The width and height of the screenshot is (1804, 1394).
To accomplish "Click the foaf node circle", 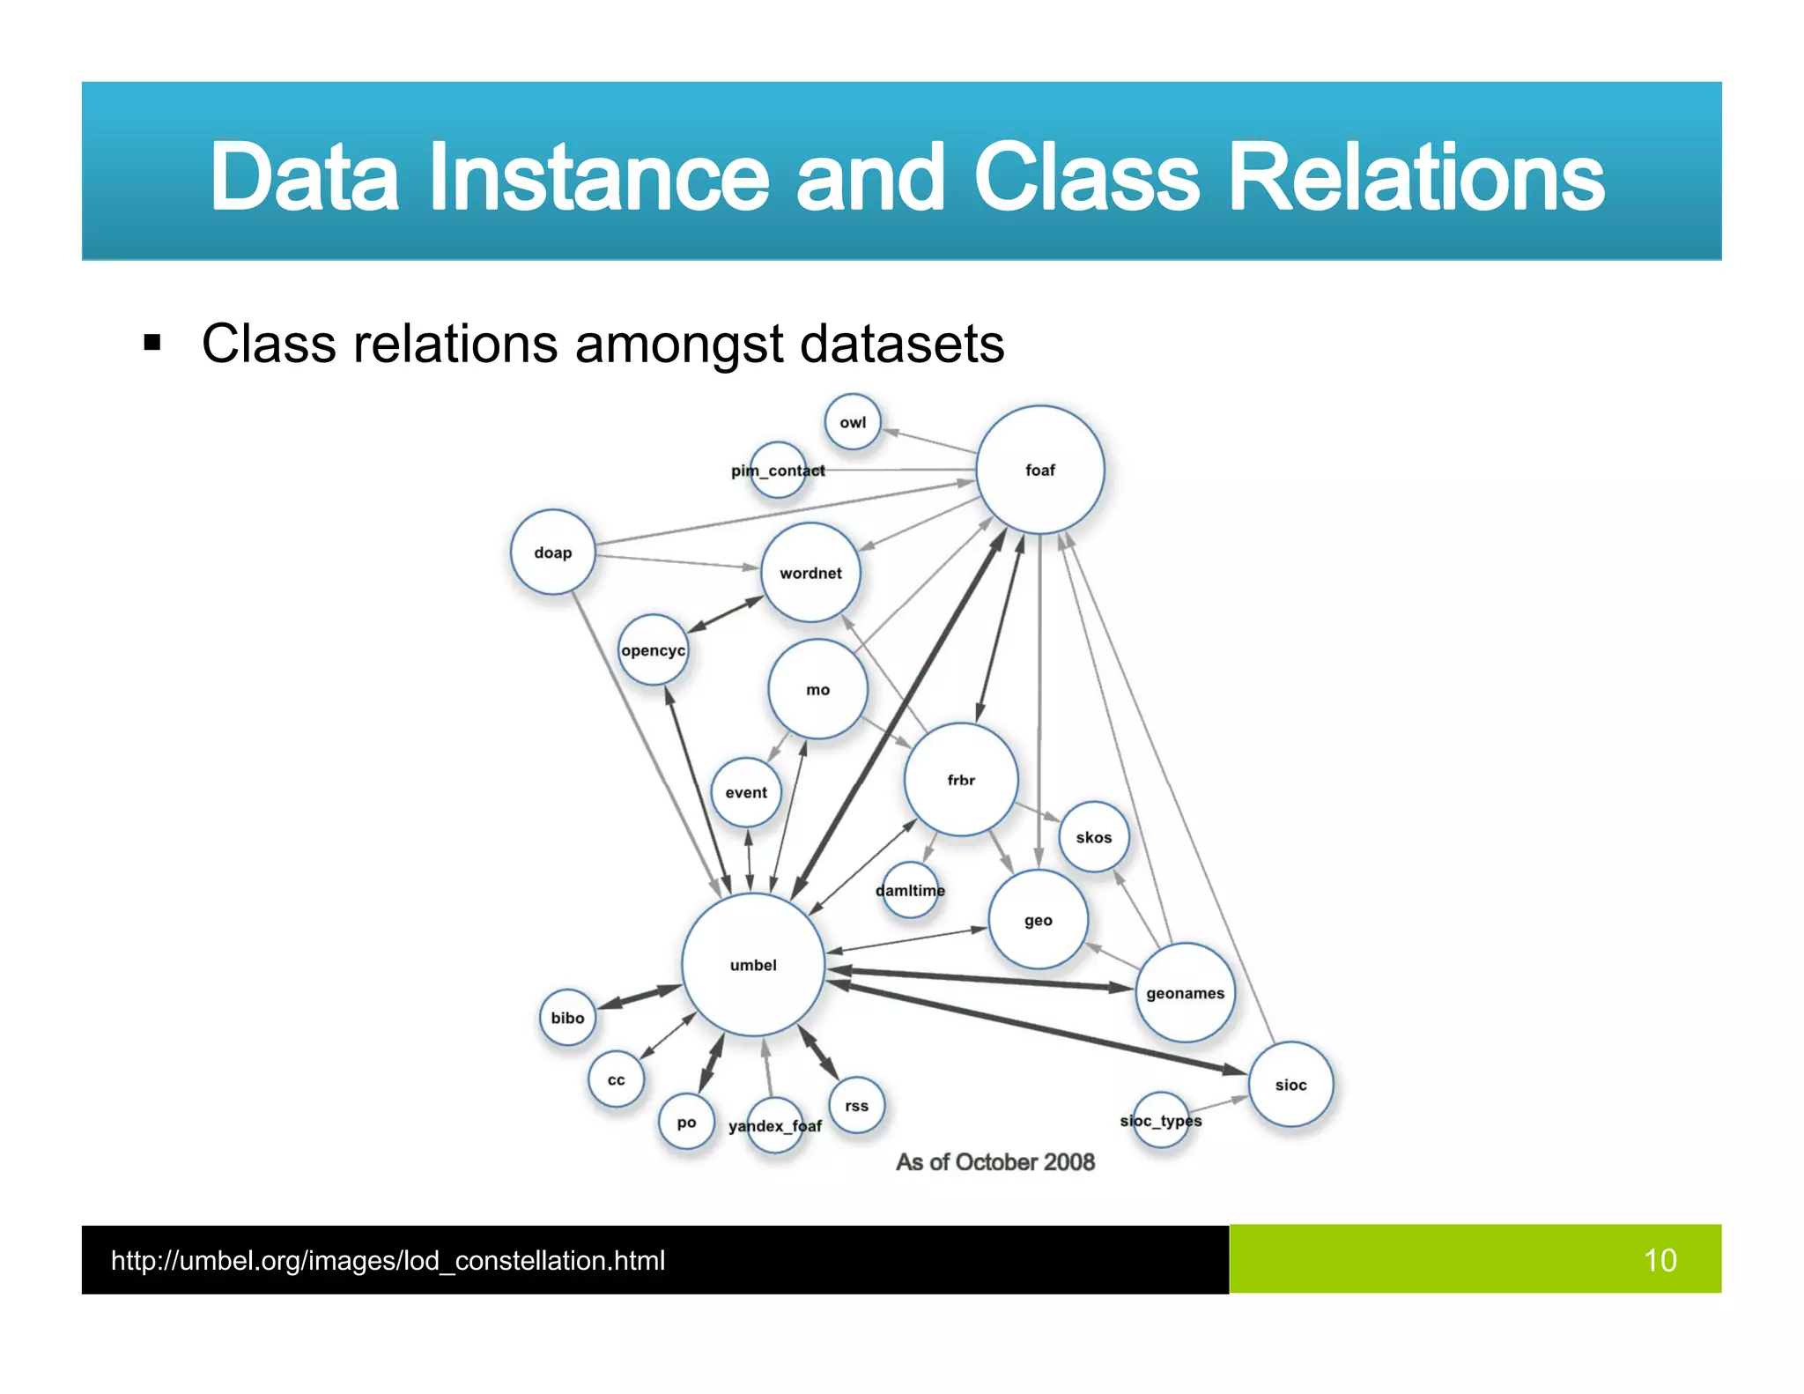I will pos(1039,470).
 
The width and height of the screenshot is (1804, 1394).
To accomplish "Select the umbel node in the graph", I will pos(753,965).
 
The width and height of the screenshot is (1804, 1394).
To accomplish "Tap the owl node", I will pos(852,422).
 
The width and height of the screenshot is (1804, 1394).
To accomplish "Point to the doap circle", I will pos(552,552).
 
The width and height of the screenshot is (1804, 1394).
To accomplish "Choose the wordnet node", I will pos(810,573).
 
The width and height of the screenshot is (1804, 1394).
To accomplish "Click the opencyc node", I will pos(653,650).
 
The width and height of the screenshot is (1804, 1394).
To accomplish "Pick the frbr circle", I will pos(961,780).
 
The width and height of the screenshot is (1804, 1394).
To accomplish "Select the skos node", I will pos(1093,837).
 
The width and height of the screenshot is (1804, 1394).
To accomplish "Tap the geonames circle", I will pos(1185,993).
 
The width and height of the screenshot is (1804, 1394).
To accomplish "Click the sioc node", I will pos(1290,1085).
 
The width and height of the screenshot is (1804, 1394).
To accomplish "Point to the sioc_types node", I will pos(1160,1121).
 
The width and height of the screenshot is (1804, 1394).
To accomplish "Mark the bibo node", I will pos(567,1018).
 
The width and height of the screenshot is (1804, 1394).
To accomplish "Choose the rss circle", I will pos(856,1106).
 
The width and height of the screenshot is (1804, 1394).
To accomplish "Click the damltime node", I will pos(910,890).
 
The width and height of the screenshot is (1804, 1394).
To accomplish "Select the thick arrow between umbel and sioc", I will pos(1039,1027).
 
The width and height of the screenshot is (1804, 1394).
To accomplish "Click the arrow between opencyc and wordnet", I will pos(725,614).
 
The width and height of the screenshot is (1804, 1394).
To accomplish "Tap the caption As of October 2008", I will pos(995,1162).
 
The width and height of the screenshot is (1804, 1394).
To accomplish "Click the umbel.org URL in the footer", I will pos(388,1260).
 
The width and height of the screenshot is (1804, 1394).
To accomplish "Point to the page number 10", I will pos(1660,1260).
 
